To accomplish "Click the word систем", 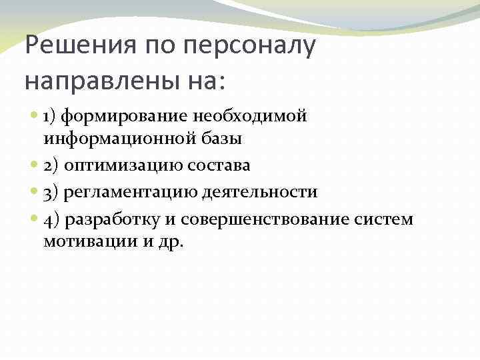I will (388, 219).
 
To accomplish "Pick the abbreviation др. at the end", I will (171, 242).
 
